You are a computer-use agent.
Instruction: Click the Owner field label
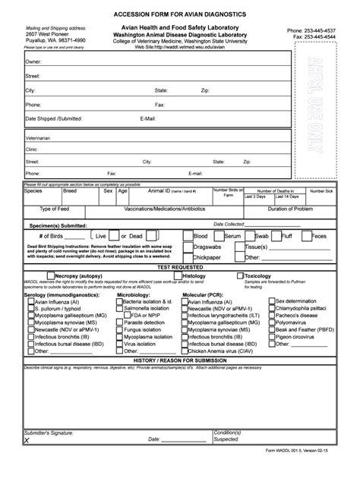click(33, 61)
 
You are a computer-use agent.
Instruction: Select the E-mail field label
click(148, 119)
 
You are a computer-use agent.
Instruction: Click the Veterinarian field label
click(39, 139)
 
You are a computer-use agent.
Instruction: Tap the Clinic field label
click(33, 150)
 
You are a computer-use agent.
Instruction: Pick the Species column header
click(33, 191)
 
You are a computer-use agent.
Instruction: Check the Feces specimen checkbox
click(307, 236)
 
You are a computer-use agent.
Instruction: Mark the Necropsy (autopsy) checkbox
click(50, 276)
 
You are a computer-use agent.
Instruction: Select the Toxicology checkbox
click(239, 276)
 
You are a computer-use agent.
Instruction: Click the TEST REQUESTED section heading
click(179, 268)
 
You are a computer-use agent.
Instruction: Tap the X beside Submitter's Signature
click(27, 439)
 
